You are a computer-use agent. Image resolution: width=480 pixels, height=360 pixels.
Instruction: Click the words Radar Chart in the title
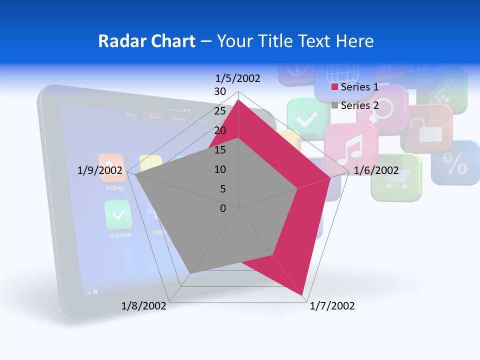pos(146,41)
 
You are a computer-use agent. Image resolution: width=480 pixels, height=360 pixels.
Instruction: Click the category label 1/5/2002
pos(238,78)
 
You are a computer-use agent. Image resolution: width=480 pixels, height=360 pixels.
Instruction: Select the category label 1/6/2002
pos(376,170)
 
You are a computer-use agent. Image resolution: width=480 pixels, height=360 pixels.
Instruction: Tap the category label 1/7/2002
pos(332,306)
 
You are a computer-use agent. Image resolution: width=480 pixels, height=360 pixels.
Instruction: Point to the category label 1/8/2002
pos(144,306)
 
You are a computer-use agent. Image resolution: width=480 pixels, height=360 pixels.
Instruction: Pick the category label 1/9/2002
pos(100,170)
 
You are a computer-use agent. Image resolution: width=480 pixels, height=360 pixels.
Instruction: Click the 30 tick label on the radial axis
pos(219,91)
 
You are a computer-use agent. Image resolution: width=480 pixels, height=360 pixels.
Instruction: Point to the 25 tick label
pos(219,111)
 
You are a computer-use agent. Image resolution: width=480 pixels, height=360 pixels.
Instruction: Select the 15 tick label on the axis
pos(219,150)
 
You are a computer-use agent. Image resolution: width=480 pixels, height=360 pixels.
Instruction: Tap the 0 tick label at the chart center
pos(223,208)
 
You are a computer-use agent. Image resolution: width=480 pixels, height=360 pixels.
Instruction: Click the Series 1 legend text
pos(359,87)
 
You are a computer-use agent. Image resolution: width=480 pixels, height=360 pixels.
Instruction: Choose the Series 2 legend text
pos(359,105)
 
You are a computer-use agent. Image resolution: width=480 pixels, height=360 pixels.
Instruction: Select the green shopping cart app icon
pos(395,178)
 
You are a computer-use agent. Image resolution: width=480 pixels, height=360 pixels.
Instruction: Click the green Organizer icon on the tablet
pos(118,215)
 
